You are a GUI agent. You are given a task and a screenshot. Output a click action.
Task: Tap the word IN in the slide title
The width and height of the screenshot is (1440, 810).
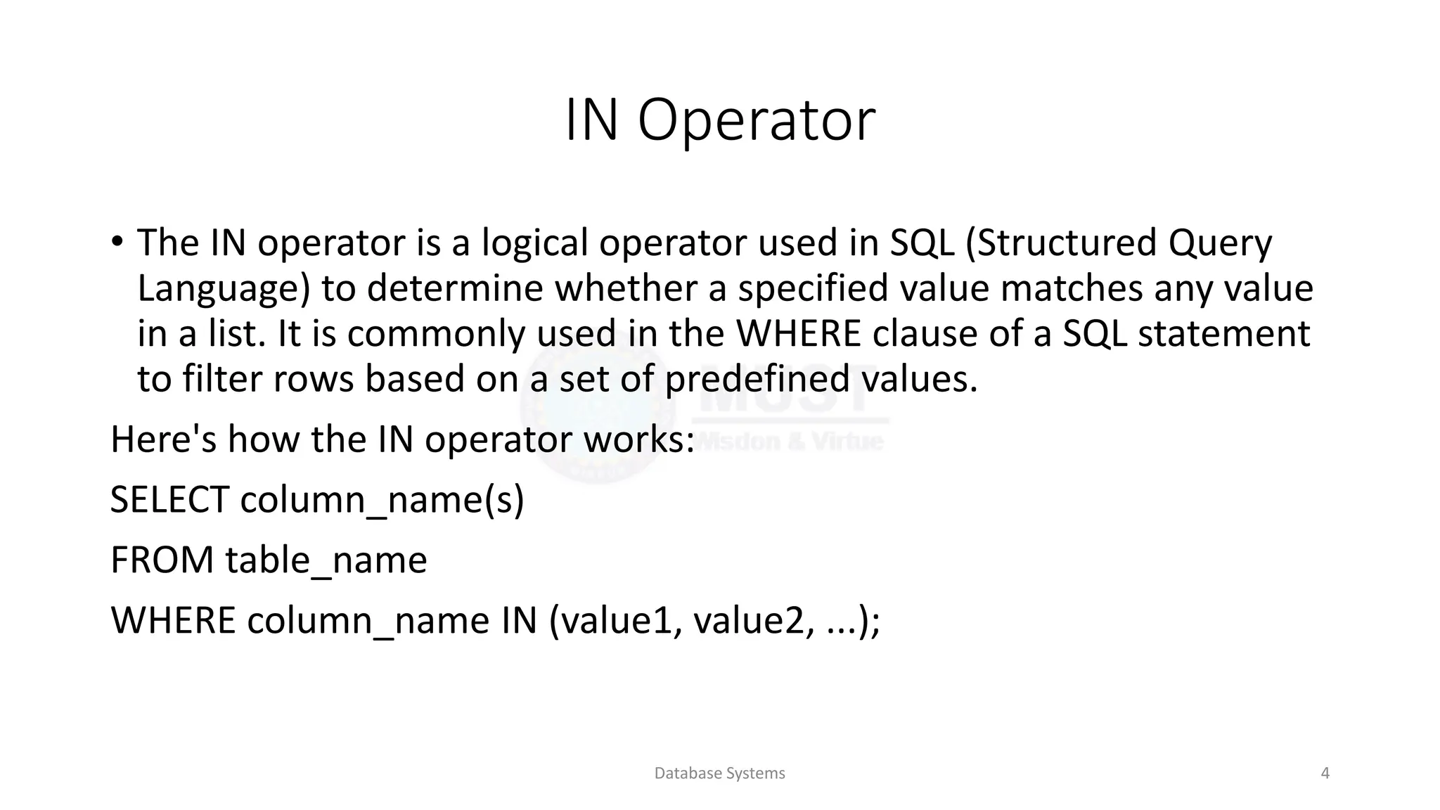coord(591,121)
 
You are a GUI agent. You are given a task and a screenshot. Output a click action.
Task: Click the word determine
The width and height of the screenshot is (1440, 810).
coord(455,288)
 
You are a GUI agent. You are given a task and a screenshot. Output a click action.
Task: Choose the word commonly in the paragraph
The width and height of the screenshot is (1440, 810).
coord(436,334)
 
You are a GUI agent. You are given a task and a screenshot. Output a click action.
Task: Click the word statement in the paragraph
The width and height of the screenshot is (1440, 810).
coord(1224,333)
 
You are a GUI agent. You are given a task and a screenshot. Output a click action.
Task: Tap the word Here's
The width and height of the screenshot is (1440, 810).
coord(164,439)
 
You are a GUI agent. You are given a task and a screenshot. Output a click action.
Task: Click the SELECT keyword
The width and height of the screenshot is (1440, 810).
coord(169,500)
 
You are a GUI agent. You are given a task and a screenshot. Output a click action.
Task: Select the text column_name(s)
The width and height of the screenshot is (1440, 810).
coord(382,501)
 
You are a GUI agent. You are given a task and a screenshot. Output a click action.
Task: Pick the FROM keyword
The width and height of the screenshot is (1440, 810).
coord(162,560)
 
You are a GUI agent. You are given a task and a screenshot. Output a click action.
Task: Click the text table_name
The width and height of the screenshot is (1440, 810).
coord(326,561)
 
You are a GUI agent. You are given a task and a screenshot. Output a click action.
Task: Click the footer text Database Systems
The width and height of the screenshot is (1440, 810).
coord(719,773)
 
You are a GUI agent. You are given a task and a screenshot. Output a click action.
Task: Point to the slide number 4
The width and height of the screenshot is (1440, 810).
coord(1325,773)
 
